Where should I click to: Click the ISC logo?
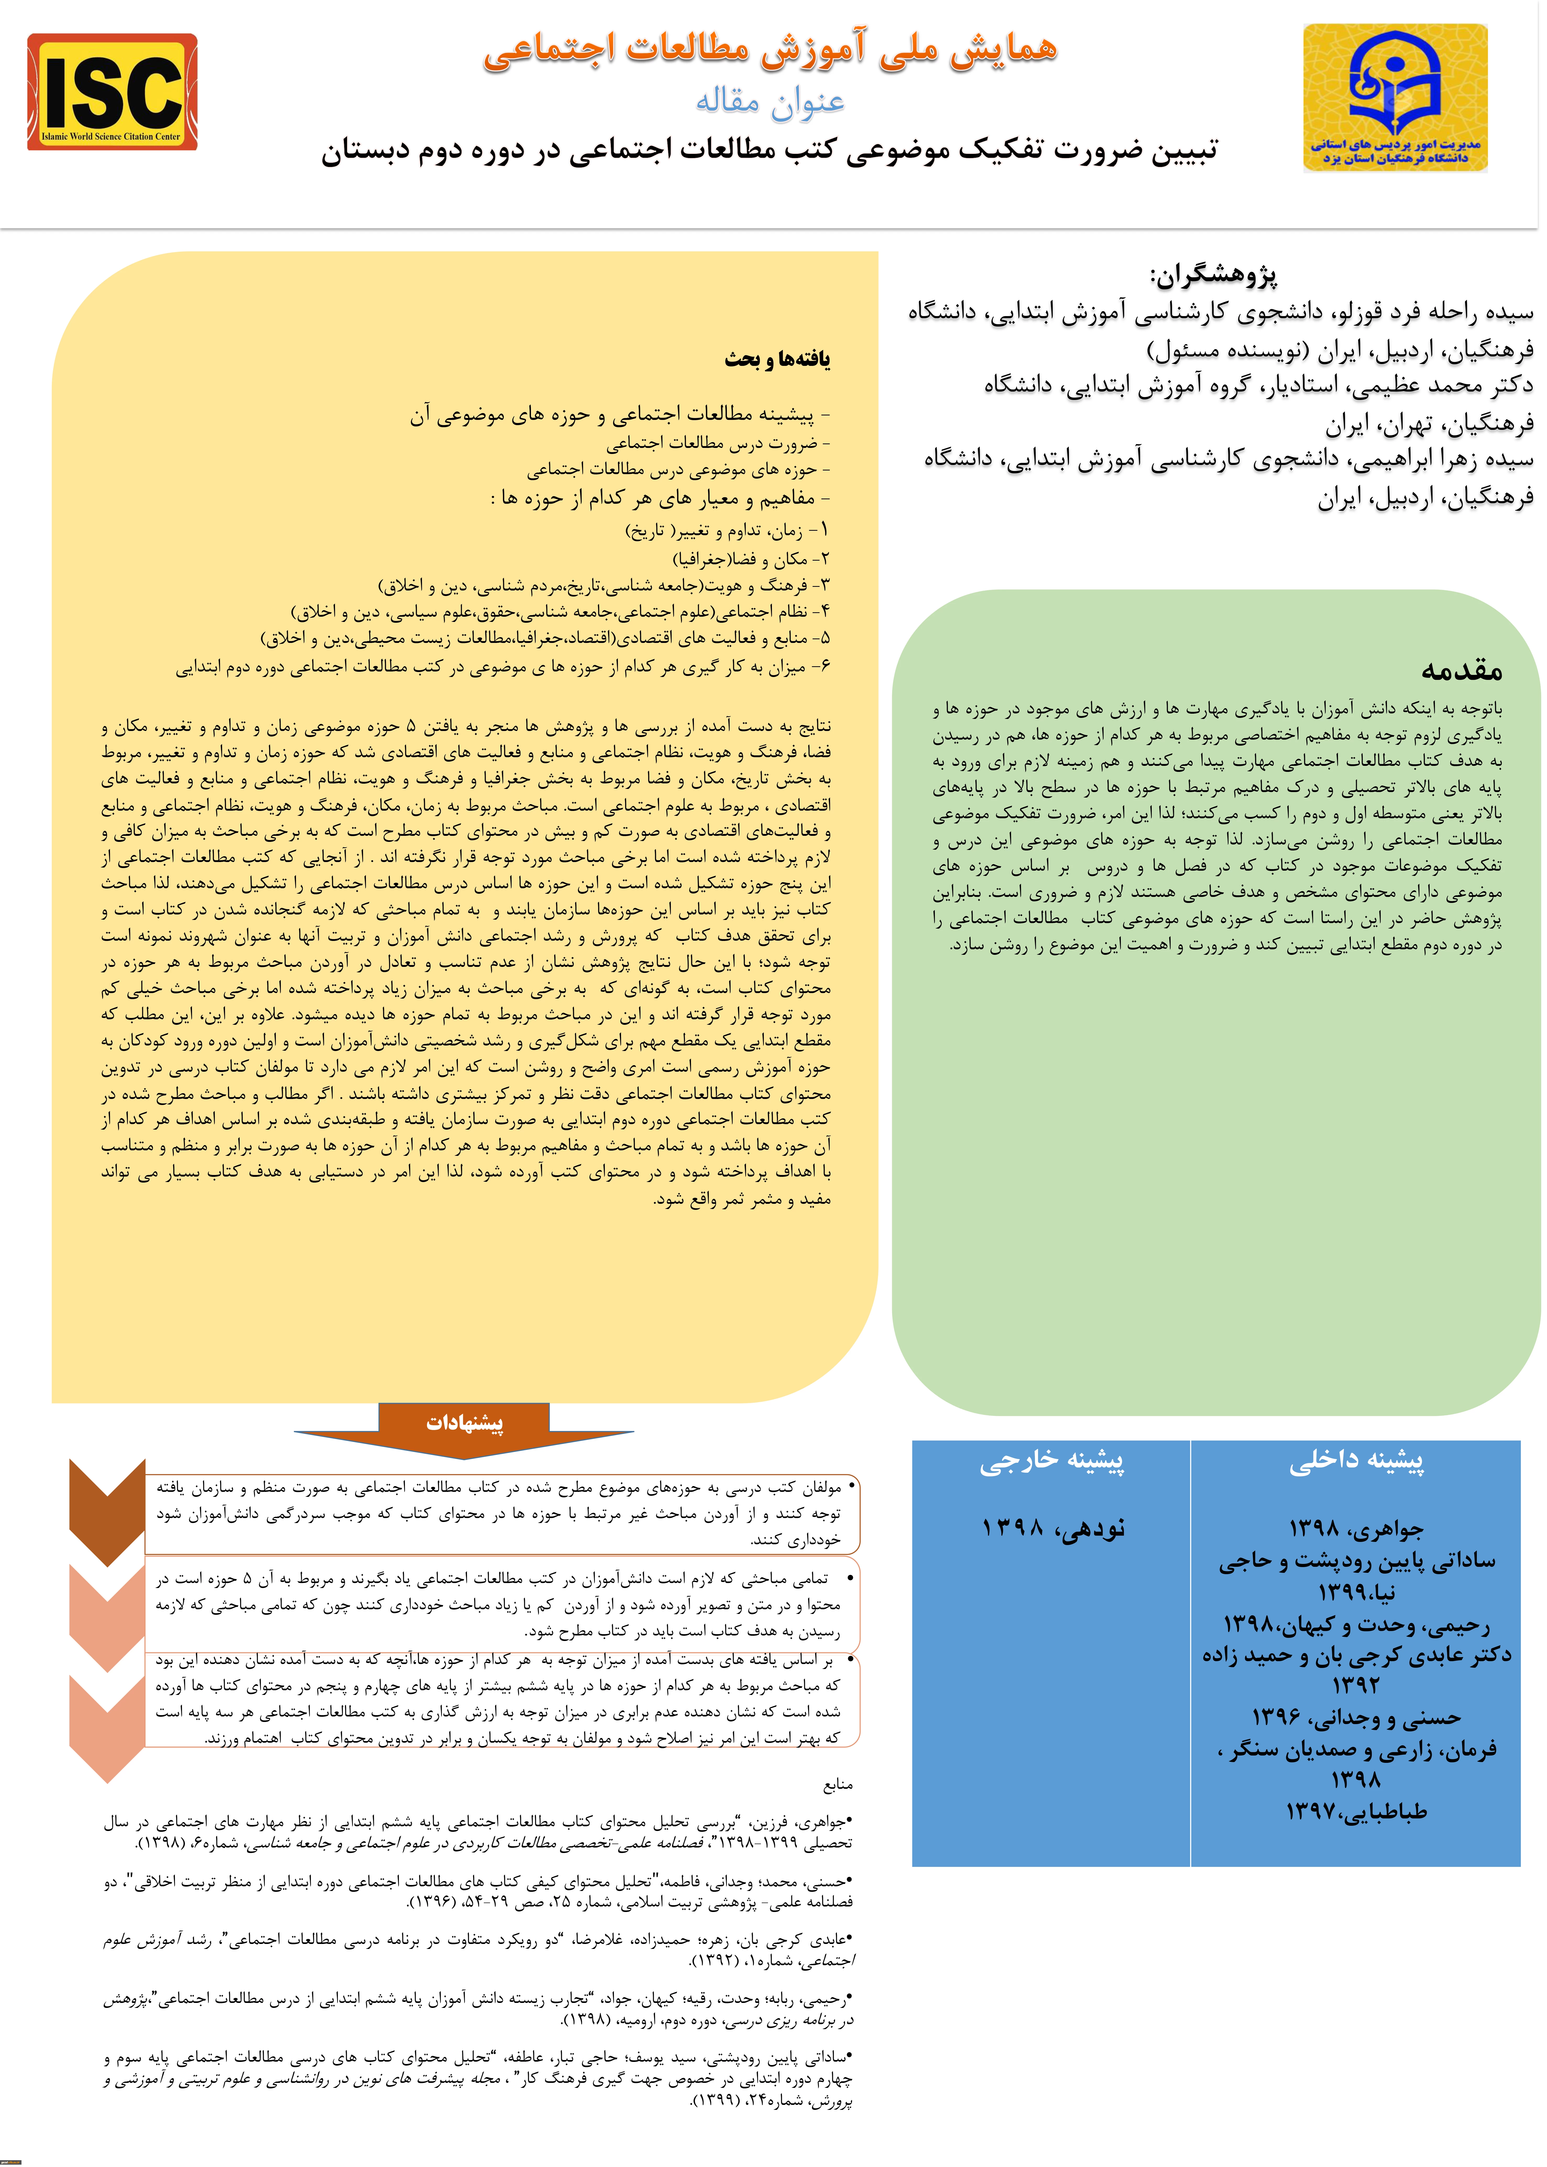pyautogui.click(x=112, y=93)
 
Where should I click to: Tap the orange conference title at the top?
pyautogui.click(x=770, y=50)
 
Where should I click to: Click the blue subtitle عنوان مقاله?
pyautogui.click(x=770, y=100)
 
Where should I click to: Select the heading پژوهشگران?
pyautogui.click(x=1213, y=275)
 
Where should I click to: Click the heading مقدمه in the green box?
pyautogui.click(x=1460, y=670)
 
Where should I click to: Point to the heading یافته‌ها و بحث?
pyautogui.click(x=777, y=359)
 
